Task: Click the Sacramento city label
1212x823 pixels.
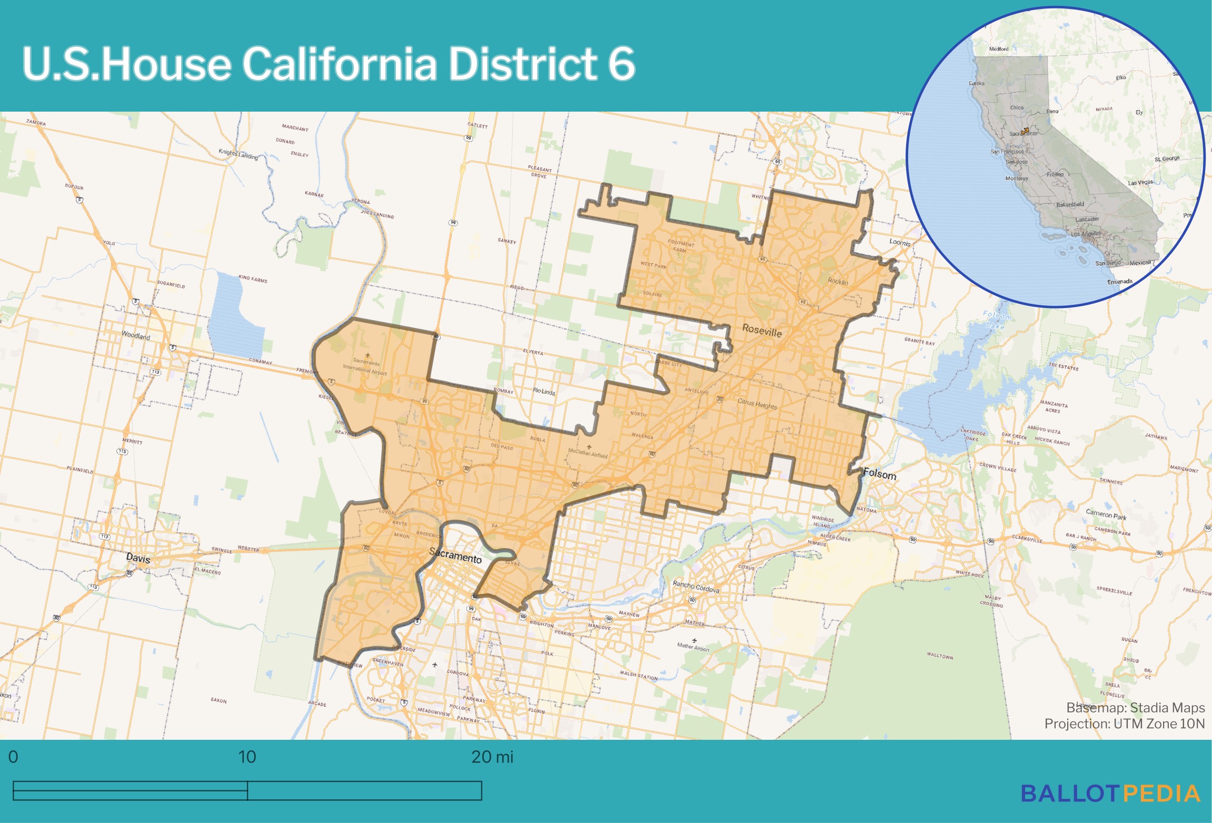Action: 455,555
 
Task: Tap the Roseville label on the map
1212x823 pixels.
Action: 762,331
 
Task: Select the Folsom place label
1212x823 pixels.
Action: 879,474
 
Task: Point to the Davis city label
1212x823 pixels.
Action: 138,558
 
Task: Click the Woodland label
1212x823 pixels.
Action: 136,335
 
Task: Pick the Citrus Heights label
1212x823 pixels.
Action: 757,404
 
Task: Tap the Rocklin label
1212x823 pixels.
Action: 838,281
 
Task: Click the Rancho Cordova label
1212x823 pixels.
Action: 696,587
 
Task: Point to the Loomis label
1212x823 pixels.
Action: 900,243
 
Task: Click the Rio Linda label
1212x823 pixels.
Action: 544,391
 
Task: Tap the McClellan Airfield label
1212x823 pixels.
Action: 588,453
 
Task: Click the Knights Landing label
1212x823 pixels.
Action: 239,154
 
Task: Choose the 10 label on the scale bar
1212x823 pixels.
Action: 247,757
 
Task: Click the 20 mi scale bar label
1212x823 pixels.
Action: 492,757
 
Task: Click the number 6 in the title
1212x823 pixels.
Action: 621,64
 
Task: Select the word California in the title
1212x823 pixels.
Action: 339,64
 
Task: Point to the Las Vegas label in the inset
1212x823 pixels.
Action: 1140,183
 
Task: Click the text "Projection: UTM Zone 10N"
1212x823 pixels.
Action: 1124,724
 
